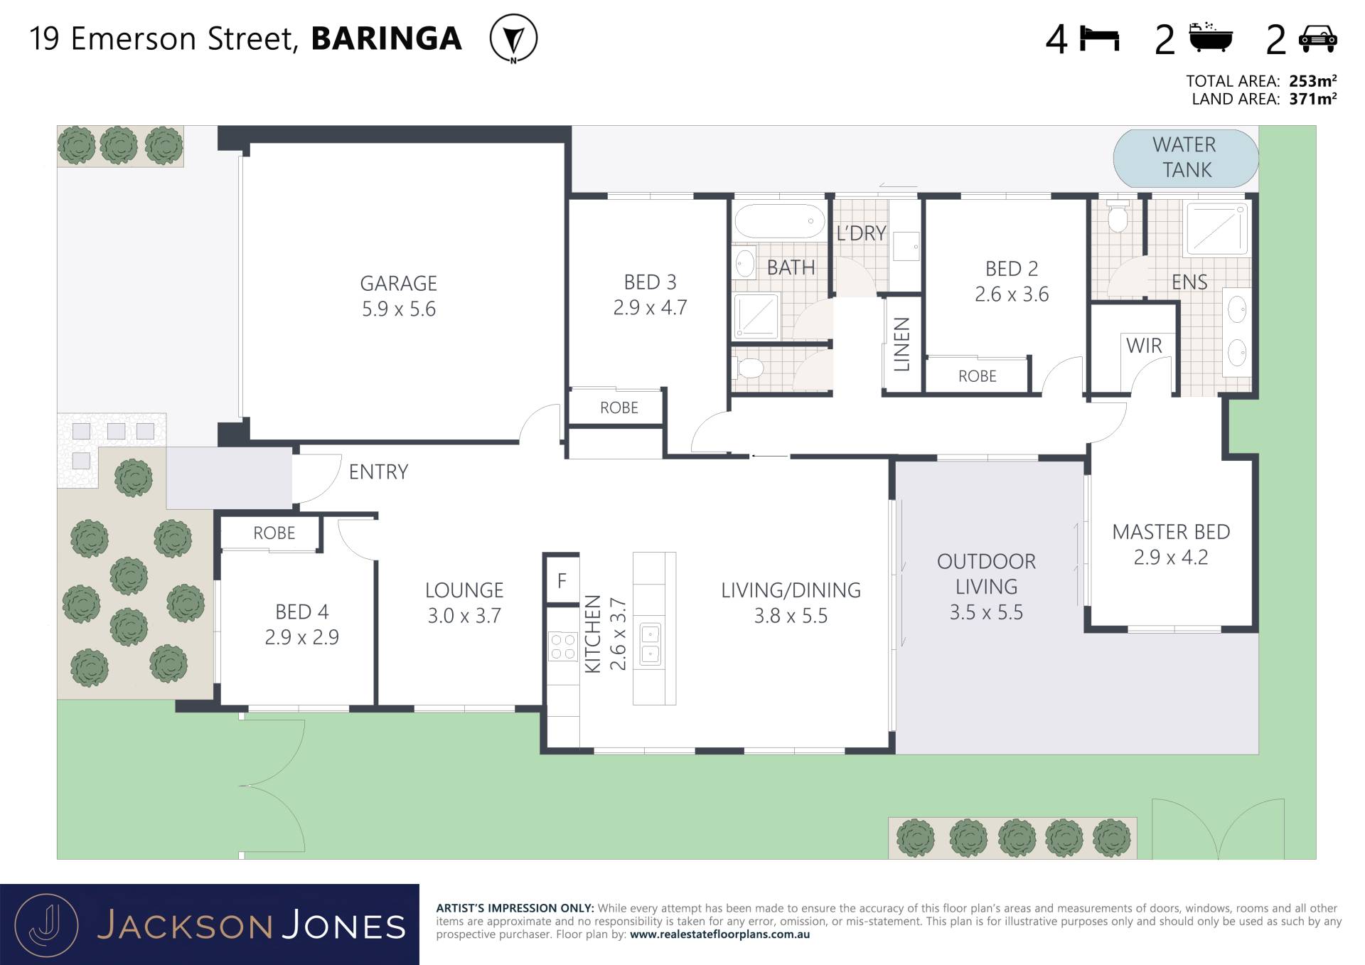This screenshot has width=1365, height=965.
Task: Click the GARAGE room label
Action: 398,284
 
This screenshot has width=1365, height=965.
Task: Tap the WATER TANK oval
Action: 1185,158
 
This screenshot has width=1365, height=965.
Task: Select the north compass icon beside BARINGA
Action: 513,38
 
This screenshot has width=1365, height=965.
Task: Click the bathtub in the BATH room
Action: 779,222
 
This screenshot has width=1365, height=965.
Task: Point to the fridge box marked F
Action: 562,580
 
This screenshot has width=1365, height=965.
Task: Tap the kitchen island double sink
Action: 651,644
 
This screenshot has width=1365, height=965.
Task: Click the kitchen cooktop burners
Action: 562,647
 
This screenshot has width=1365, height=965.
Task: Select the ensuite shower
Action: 1216,228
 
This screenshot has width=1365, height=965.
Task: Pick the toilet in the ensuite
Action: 1118,217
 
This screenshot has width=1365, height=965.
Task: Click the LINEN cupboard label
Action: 901,345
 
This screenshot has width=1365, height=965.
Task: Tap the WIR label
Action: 1144,346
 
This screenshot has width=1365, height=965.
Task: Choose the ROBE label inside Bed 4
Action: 274,533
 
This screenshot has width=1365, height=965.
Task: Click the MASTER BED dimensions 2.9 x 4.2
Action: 1171,558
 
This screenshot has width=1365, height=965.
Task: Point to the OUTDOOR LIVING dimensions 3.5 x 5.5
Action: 986,612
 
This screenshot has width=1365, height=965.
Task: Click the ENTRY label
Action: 378,472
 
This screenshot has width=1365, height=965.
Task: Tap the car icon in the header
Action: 1317,39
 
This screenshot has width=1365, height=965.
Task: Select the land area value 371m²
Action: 1313,99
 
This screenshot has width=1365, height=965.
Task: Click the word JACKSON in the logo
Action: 185,926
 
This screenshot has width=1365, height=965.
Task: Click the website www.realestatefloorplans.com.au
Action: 719,934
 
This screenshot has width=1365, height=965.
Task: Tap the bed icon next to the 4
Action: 1099,38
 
